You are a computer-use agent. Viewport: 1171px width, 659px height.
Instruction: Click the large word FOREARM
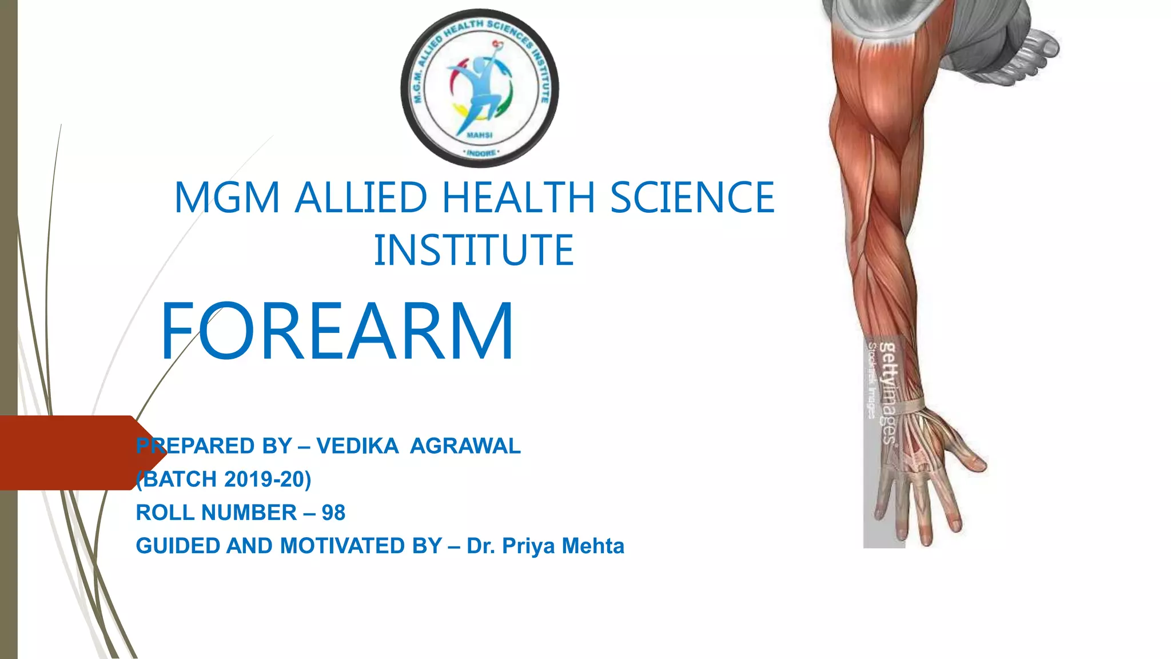337,331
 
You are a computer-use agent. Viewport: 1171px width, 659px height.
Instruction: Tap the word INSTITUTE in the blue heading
473,250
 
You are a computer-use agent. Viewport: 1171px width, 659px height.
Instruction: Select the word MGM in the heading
226,197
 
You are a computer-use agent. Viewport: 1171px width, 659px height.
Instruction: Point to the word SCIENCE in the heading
692,197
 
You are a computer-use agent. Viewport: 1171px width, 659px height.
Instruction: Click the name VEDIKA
357,446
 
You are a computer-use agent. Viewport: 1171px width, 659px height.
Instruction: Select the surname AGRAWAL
465,446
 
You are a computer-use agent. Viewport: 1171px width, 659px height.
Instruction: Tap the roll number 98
333,513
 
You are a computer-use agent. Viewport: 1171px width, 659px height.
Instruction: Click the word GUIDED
178,546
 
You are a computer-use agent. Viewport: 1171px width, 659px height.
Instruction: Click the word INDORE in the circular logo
480,153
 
